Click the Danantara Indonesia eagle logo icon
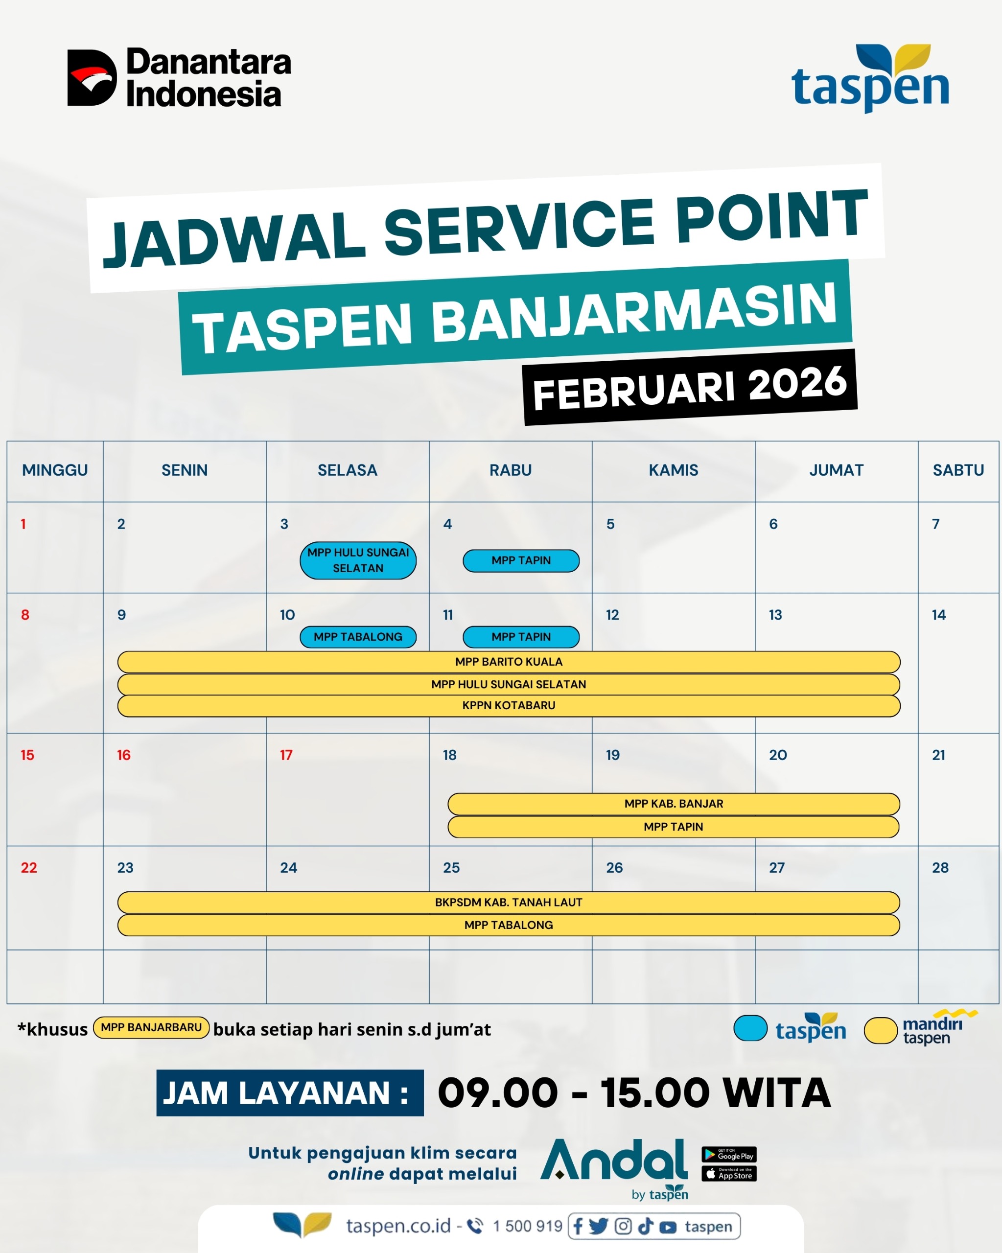92,78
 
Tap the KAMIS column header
673,470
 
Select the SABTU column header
958,470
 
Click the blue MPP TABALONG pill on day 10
358,637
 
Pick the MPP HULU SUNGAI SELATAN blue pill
358,560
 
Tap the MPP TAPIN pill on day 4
521,561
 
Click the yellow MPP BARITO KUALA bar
509,662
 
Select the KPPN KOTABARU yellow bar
509,705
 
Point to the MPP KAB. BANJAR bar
674,804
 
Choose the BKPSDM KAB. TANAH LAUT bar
509,903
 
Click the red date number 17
286,755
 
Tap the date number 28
940,868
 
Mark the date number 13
775,615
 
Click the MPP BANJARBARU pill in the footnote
151,1027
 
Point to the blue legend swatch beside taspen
750,1028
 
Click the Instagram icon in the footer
623,1226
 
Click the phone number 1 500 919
527,1226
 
